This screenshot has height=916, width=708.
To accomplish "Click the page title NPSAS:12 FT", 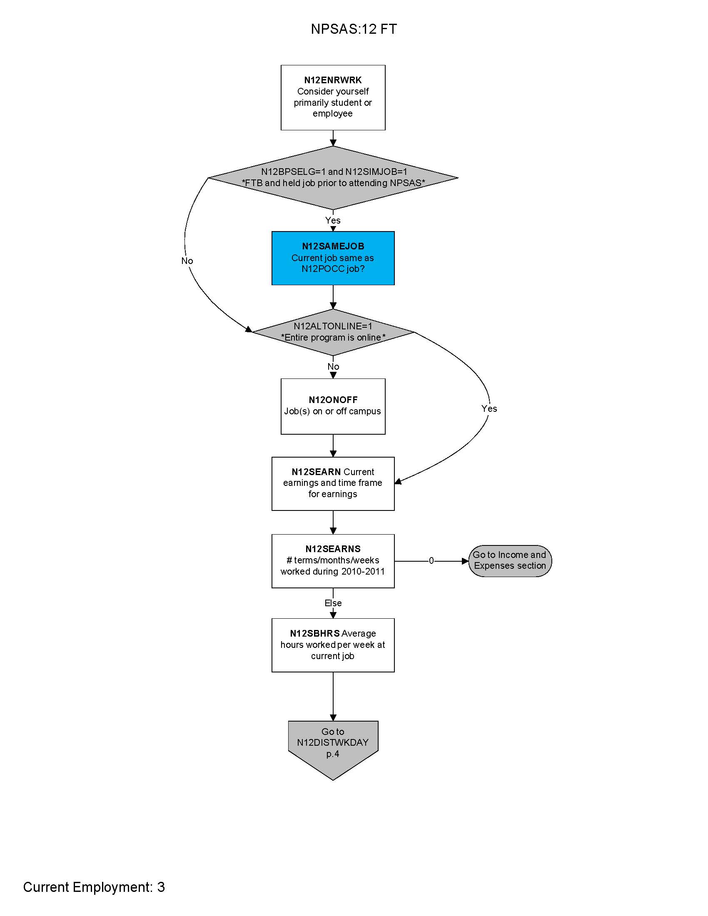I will [354, 29].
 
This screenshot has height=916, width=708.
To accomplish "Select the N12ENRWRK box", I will [333, 97].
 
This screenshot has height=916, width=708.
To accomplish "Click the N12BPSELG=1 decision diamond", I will [333, 177].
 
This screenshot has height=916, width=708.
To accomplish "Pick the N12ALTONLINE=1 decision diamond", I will [333, 332].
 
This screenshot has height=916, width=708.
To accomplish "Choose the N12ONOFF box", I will [333, 406].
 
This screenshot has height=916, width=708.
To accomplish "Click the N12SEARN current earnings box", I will [333, 483].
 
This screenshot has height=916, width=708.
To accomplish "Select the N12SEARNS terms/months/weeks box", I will [333, 560].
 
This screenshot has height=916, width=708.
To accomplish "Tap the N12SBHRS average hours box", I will [333, 645].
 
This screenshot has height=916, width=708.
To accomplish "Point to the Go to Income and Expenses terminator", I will [510, 560].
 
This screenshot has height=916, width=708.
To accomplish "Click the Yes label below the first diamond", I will [333, 220].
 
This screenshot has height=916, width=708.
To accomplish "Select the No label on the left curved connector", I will [187, 261].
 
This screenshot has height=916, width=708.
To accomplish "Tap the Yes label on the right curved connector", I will [489, 408].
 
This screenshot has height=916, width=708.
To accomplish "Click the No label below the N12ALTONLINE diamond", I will [333, 366].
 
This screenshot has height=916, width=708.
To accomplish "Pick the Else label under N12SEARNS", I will [333, 603].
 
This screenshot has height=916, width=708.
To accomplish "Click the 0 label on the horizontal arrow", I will [431, 560].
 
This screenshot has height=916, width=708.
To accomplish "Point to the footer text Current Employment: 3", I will [94, 887].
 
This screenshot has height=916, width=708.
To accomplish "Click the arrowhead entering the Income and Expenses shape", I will [465, 561].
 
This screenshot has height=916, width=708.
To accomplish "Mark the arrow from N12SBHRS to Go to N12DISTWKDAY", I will [333, 696].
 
